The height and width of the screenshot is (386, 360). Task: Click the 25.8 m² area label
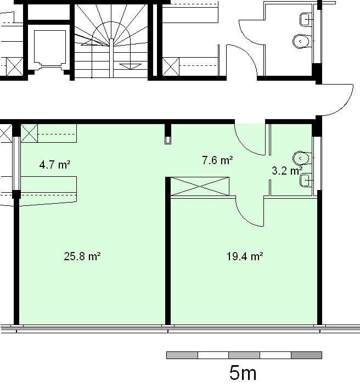(82, 256)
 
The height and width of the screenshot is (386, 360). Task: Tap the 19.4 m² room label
(245, 256)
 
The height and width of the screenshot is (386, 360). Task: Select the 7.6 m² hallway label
(217, 160)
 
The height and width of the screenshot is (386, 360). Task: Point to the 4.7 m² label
(55, 164)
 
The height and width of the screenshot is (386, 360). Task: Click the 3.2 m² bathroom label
(287, 171)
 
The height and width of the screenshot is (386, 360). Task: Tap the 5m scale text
(243, 373)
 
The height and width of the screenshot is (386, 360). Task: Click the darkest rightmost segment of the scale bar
(306, 355)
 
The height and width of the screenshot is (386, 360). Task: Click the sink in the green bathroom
(306, 180)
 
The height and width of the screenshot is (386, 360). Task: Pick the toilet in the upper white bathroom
(302, 41)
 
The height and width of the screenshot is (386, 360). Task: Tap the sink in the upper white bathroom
(306, 20)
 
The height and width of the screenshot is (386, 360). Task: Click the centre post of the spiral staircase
(111, 58)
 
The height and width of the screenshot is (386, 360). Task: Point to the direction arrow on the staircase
(131, 66)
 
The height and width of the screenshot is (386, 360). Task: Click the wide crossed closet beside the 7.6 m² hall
(200, 186)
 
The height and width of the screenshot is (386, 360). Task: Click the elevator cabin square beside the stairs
(50, 47)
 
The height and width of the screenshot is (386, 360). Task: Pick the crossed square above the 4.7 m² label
(29, 133)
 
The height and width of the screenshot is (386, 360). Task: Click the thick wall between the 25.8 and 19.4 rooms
(168, 250)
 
